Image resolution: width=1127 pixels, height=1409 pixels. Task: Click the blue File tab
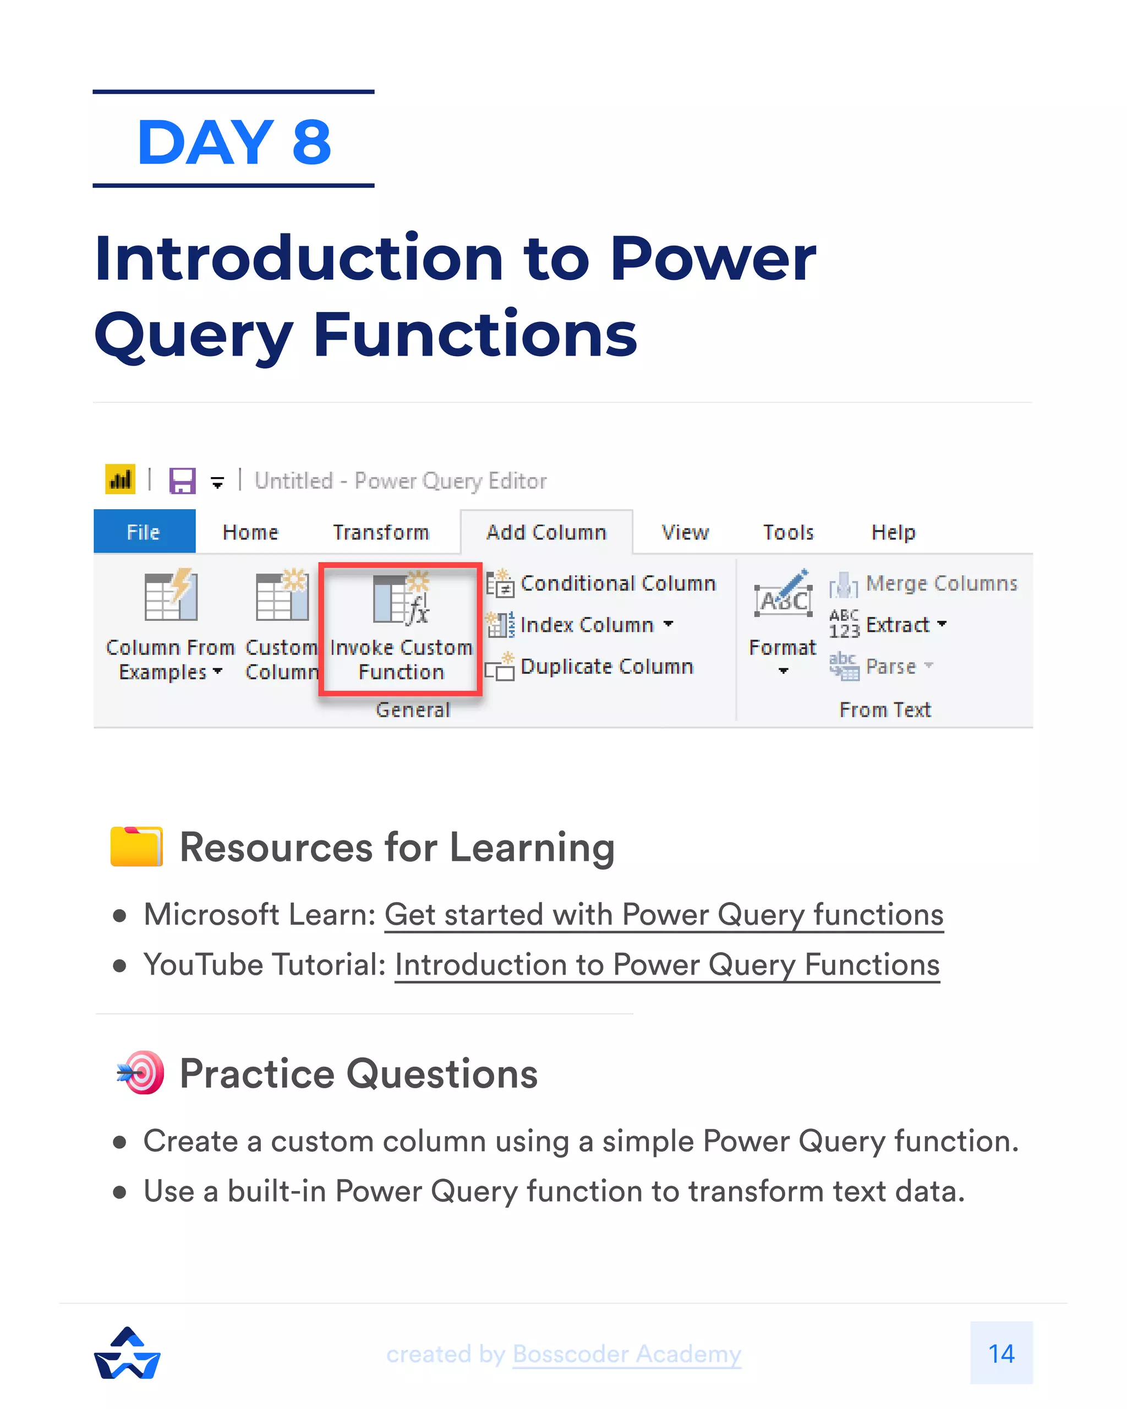coord(144,532)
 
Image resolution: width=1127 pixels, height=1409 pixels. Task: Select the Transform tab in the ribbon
coord(381,532)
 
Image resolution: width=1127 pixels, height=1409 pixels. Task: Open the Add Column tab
coord(546,532)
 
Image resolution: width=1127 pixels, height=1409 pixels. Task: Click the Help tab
coord(893,532)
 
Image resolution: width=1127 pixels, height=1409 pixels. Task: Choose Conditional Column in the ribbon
coord(617,583)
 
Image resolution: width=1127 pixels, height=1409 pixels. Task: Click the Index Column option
coord(587,625)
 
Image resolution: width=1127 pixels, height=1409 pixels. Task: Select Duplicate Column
coord(606,667)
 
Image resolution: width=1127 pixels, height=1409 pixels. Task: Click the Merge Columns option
coord(941,583)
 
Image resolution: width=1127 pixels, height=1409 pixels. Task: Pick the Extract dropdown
coord(905,625)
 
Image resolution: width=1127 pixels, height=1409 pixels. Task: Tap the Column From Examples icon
coord(171,597)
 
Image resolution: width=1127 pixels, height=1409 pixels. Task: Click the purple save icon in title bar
coord(182,481)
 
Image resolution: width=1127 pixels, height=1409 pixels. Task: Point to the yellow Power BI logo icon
coord(120,480)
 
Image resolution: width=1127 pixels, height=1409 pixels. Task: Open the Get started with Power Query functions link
coord(664,914)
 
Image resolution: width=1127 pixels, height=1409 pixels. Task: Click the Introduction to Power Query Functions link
coord(667,965)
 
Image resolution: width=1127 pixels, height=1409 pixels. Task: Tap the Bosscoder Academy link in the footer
coord(627,1353)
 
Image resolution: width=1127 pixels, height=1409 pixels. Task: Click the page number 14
coord(1001,1353)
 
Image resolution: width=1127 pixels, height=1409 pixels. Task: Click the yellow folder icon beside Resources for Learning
coord(136,847)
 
